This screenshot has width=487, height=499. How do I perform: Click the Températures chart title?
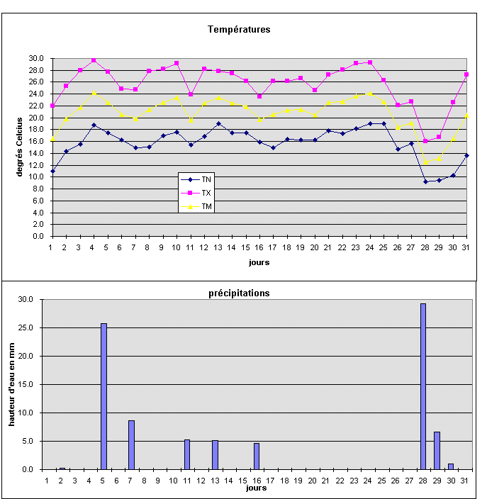239,30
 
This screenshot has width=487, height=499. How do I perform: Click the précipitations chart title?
239,293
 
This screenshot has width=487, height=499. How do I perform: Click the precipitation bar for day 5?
103,396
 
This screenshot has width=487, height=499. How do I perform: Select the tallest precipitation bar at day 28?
423,386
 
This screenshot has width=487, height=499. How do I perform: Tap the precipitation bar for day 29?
437,450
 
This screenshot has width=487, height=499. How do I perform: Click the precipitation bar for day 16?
257,456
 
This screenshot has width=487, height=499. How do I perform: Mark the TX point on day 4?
94,60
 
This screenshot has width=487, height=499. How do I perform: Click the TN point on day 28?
425,181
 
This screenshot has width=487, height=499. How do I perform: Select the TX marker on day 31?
466,74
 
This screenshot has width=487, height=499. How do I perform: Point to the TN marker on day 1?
52,171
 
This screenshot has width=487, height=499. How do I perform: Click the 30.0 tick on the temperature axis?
36,58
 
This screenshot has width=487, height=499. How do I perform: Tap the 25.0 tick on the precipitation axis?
27,327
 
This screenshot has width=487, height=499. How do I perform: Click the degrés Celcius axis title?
21,147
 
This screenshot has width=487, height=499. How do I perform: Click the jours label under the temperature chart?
259,262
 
